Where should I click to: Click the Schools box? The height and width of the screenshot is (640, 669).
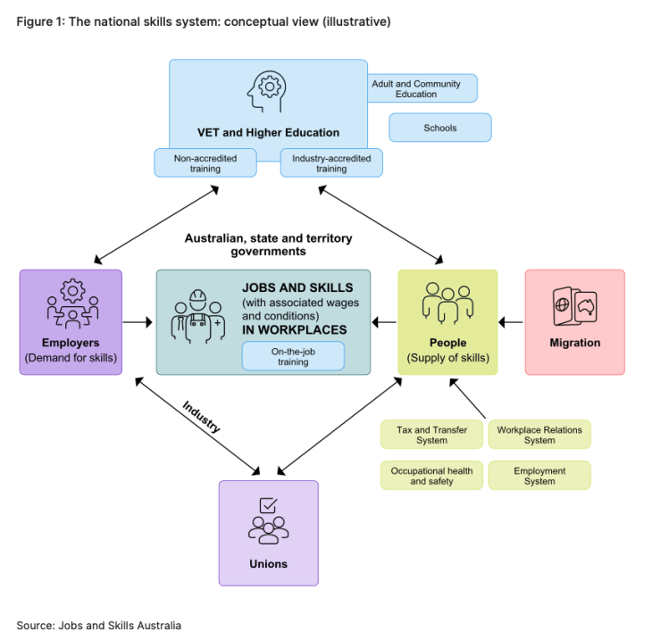point(439,128)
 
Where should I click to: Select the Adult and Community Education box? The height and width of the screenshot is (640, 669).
point(422,88)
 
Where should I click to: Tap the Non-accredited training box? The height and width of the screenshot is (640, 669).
point(205,162)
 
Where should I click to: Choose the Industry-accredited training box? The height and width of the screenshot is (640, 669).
point(331,162)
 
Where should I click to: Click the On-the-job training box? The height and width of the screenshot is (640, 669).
point(292,356)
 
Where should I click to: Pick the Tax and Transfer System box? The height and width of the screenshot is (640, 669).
point(431,435)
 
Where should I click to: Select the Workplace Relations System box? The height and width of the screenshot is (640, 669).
point(539,435)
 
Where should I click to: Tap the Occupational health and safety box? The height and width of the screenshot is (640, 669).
point(431,476)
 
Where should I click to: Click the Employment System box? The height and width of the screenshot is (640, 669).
point(539,476)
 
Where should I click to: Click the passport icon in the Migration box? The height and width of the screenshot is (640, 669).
point(574,308)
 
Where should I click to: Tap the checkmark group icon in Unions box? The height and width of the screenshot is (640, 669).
point(268,520)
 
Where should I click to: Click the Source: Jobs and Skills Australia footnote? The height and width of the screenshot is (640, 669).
point(98,626)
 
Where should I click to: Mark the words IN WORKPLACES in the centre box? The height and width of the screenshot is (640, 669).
point(294,330)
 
